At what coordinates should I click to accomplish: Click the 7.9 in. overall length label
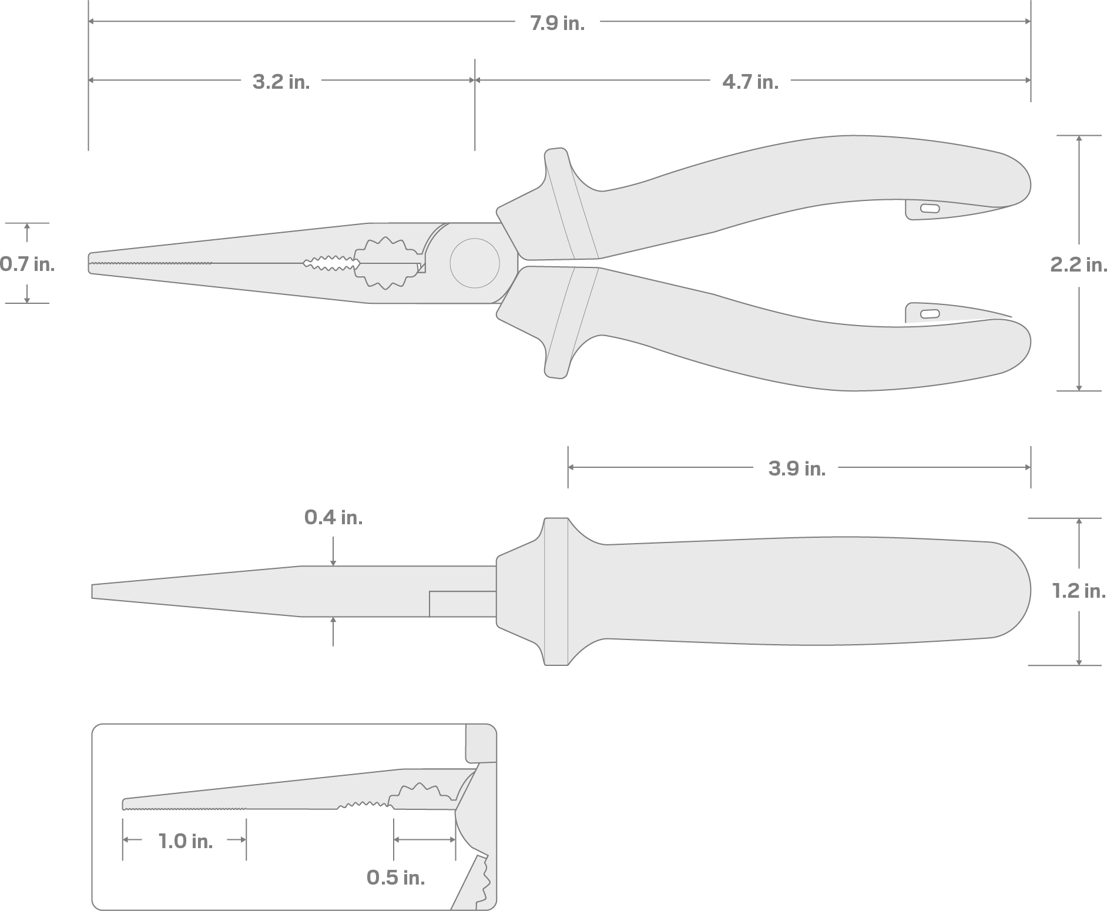point(557,24)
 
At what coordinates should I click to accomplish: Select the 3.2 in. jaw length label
point(281,82)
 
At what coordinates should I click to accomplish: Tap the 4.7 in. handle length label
point(750,82)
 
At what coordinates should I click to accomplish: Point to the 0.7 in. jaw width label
point(27,264)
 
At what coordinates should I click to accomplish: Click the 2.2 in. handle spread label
point(1078,264)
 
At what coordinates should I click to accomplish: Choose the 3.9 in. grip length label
point(797,468)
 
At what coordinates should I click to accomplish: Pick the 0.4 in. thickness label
point(333,517)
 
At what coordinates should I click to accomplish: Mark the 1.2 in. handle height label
point(1078,591)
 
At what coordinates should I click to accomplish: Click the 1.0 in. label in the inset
point(185,841)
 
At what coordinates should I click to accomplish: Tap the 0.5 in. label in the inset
point(395,877)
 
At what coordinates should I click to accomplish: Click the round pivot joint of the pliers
point(475,263)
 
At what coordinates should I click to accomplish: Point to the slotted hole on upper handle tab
point(929,208)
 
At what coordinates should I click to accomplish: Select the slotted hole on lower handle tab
point(929,313)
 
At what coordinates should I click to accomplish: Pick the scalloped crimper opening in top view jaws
point(385,263)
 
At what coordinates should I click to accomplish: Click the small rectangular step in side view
point(462,604)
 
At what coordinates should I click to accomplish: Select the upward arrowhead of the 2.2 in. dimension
point(1079,139)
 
